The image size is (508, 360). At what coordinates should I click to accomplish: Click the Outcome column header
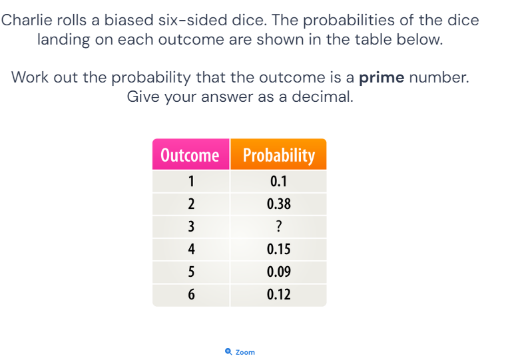(x=191, y=154)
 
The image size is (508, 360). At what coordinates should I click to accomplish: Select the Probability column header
(x=278, y=154)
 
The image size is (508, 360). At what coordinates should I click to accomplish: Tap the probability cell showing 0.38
(x=278, y=204)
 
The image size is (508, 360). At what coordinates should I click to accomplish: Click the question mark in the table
(x=278, y=226)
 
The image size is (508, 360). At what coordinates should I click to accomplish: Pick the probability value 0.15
(x=278, y=249)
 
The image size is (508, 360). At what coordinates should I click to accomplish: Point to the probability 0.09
(x=278, y=271)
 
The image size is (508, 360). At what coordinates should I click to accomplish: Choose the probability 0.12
(x=278, y=294)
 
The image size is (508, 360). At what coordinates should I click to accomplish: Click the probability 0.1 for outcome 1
(x=278, y=181)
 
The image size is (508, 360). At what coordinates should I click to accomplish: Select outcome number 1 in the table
(x=191, y=181)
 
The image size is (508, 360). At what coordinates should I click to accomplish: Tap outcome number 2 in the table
(x=191, y=204)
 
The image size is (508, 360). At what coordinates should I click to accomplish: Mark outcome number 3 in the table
(x=191, y=226)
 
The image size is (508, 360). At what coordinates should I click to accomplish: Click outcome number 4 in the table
(x=191, y=249)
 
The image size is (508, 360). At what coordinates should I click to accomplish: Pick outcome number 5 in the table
(x=191, y=271)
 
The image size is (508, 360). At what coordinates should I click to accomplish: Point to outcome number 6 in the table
(x=191, y=294)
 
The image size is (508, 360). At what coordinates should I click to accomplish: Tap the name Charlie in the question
(x=27, y=20)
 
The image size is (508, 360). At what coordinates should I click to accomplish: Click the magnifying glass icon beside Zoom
(x=228, y=351)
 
